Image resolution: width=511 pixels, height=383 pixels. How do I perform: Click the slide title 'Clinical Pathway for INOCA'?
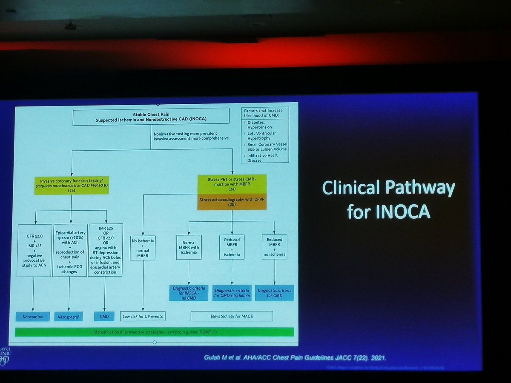coord(388,200)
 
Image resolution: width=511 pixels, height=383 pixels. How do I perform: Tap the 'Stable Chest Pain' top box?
coord(151,118)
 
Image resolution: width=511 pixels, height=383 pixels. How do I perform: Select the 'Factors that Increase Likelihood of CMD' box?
coord(264,135)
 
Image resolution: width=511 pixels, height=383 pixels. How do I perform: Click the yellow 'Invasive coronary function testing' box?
coord(71,185)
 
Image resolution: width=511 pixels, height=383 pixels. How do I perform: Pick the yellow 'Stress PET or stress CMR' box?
coord(232,183)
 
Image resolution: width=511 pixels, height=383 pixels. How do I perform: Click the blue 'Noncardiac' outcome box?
coord(34,317)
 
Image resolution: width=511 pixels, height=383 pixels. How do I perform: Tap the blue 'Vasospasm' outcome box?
coord(69,317)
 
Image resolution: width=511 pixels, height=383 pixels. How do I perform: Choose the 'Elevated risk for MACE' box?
coord(231,316)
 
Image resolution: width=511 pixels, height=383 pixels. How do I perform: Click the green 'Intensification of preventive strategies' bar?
coord(154,332)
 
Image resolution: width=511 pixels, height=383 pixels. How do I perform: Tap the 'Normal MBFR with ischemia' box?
coord(189,247)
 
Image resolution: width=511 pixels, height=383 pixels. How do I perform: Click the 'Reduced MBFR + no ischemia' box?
coord(274,247)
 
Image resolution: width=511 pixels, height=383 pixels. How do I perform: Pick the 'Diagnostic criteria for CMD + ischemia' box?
coord(233,293)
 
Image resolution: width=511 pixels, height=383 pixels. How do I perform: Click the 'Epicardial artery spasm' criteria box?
coord(69,249)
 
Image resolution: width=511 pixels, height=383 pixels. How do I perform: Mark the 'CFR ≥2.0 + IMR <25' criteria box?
coord(34,249)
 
